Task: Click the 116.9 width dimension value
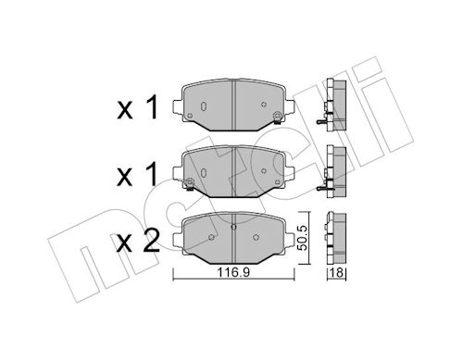click(x=233, y=273)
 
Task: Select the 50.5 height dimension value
click(x=303, y=238)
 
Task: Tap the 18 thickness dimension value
click(x=337, y=273)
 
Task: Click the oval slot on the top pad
click(x=204, y=106)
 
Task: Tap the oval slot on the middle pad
click(x=204, y=172)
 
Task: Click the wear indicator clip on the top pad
click(x=277, y=118)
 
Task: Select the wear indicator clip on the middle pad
click(x=190, y=184)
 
